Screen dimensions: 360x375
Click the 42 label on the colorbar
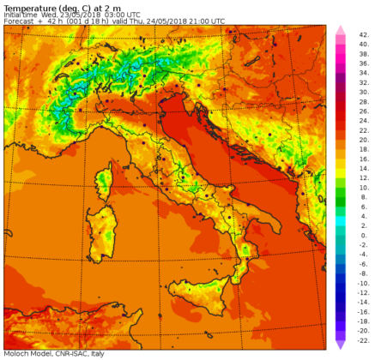pyautogui.click(x=363, y=35)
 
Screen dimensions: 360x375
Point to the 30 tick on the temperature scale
pyautogui.click(x=363, y=88)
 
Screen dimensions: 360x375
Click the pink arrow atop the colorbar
pyautogui.click(x=340, y=31)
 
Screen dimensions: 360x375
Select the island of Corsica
pyautogui.click(x=106, y=182)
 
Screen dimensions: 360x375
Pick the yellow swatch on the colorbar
pyautogui.click(x=340, y=168)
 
